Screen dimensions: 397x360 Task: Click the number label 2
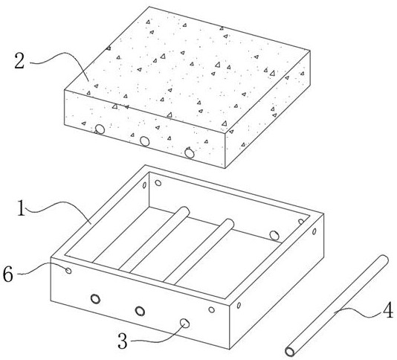click(19, 61)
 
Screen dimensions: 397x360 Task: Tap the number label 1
click(22, 208)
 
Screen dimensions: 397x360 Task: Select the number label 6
click(8, 274)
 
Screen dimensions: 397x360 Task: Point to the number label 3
click(123, 341)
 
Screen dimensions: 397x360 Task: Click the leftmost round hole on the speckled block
click(100, 129)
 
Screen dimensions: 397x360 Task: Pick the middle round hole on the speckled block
click(144, 141)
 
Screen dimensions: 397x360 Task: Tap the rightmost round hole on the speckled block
click(190, 153)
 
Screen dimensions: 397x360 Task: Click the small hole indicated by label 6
click(68, 271)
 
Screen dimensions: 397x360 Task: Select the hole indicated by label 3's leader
click(184, 323)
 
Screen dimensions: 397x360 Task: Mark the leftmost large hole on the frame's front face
click(95, 299)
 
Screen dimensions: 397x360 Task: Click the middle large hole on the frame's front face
click(140, 311)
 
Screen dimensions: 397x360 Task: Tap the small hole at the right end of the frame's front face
click(211, 309)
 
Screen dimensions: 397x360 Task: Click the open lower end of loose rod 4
click(290, 352)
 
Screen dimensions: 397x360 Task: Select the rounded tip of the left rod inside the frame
click(186, 210)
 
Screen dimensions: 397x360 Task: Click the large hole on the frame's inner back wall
click(274, 235)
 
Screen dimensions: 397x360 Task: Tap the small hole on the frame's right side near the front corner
click(239, 305)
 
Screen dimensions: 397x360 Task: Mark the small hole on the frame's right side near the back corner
click(314, 231)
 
